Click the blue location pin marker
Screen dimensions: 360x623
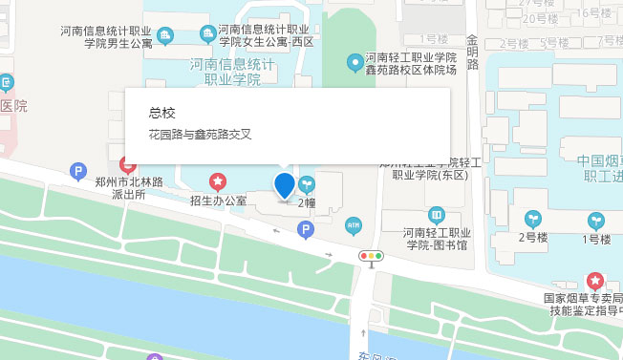coord(284,184)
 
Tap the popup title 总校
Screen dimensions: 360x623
coord(162,113)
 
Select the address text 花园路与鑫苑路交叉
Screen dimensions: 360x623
coord(200,135)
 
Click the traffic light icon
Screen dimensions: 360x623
coord(370,256)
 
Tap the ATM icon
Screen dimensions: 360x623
coord(353,225)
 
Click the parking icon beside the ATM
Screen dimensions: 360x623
coord(306,230)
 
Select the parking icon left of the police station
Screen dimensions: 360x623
coord(78,172)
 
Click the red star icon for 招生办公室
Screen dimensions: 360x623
coord(218,180)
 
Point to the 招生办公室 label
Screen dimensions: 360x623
coord(218,201)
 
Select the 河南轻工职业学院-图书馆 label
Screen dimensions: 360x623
coord(437,239)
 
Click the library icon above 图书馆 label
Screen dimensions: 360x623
coord(437,214)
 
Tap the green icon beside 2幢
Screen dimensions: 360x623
coord(306,183)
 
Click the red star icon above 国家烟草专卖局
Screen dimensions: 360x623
coord(595,281)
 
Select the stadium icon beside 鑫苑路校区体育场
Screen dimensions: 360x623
coord(354,62)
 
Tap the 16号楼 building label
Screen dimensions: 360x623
coord(596,13)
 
